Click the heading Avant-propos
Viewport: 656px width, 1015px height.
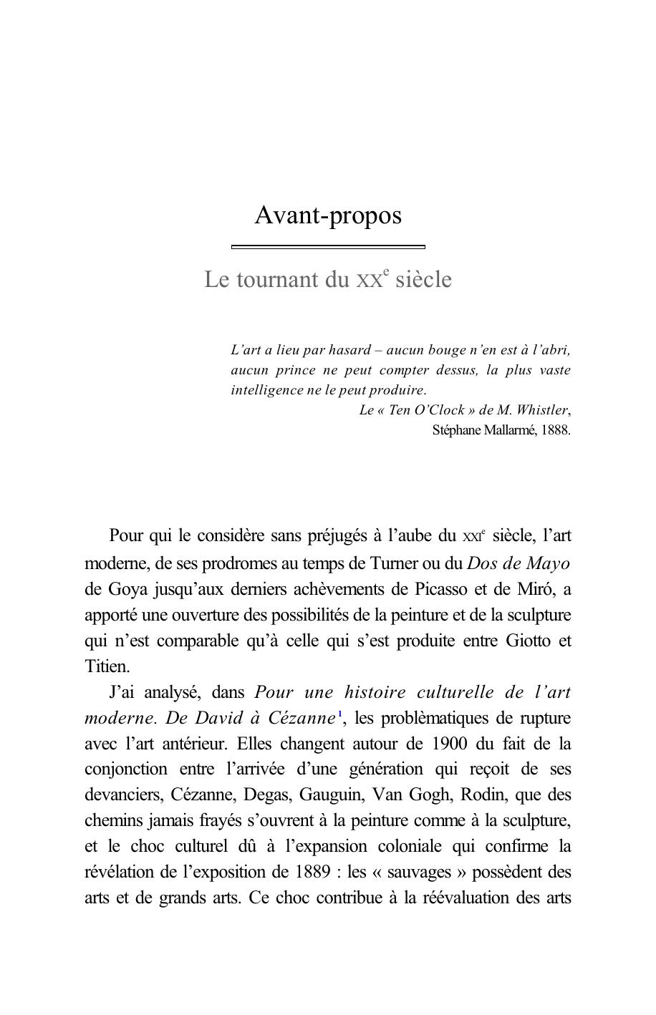point(328,215)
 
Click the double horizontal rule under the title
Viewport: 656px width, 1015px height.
point(328,247)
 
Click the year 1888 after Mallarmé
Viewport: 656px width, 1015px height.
point(556,430)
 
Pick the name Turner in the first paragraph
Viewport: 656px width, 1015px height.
point(393,563)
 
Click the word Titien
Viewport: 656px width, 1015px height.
point(107,666)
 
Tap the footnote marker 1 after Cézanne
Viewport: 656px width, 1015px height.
point(339,714)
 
